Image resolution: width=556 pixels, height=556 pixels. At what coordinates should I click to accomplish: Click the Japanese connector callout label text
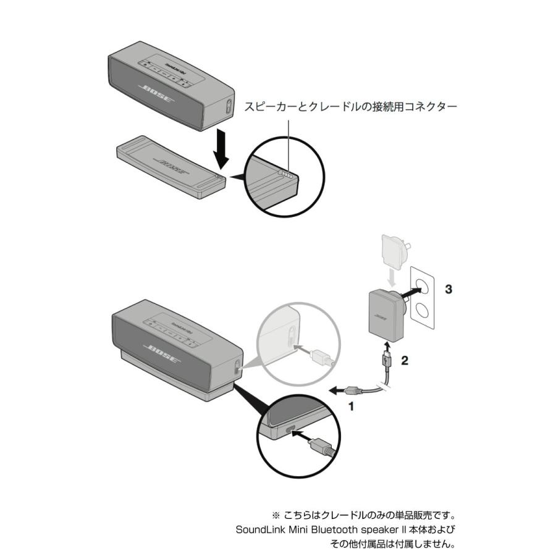pos(350,107)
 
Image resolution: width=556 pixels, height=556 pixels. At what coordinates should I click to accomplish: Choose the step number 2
pos(405,361)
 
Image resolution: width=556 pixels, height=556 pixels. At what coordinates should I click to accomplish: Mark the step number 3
pos(449,289)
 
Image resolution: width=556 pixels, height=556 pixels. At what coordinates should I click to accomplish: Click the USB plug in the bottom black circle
pos(322,445)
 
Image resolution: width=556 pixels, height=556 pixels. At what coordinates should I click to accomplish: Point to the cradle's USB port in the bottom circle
pos(289,431)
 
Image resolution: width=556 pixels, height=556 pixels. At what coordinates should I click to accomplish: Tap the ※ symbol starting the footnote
pos(276,515)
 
